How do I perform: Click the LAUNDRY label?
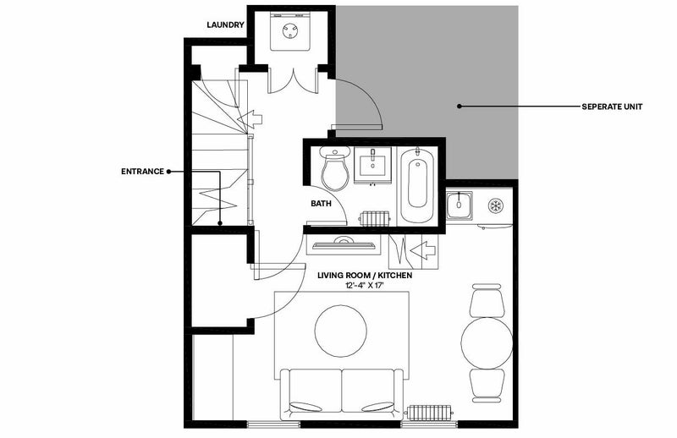coord(225,25)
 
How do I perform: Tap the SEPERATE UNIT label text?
coord(612,107)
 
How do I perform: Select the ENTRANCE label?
coord(142,172)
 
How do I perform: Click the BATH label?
coord(322,203)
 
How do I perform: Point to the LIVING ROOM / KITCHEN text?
coord(365,276)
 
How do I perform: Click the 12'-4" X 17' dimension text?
coord(365,285)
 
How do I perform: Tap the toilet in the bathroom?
coord(335,168)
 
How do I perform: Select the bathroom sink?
coord(372,165)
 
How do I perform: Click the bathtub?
coord(416,184)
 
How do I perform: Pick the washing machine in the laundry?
coord(289,31)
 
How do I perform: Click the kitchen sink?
coord(459,205)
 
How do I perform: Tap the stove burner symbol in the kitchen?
coord(495,205)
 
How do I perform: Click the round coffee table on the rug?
coord(341,331)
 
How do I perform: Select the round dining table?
coord(487,343)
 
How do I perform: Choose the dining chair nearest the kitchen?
coord(487,300)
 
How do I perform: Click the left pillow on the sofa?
coord(305,407)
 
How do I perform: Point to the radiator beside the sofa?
coord(428,413)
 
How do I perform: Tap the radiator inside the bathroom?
coord(375,218)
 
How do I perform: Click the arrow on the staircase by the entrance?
coord(250,118)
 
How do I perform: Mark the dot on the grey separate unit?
coord(460,107)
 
